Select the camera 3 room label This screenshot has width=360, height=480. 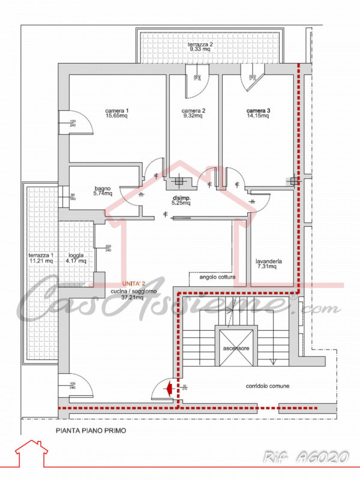258,110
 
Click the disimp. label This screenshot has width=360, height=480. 181,198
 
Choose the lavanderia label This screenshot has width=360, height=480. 268,262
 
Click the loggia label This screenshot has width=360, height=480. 76,255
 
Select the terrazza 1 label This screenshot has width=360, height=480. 41,255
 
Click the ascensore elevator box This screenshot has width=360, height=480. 236,347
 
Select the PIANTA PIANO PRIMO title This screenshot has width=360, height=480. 91,430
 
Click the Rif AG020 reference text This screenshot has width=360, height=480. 305,458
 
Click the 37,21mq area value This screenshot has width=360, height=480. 131,297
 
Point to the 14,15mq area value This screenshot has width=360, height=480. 258,116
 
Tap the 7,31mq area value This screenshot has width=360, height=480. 268,268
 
